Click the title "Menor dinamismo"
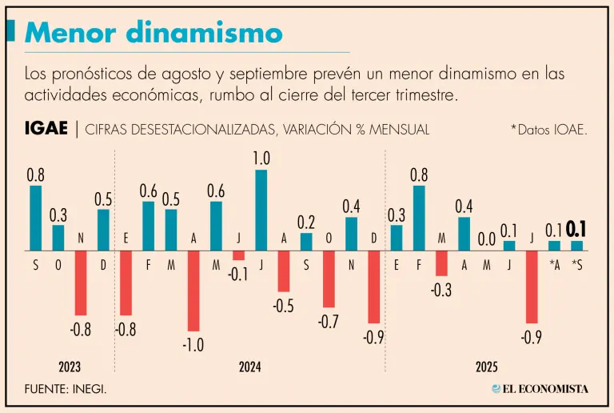[x=153, y=33]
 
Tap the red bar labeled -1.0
[x=193, y=291]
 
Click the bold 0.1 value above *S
[x=576, y=230]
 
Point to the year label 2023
[x=70, y=367]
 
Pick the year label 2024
[x=250, y=367]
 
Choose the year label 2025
[x=486, y=367]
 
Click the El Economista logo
[x=540, y=389]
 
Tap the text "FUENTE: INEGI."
[x=66, y=389]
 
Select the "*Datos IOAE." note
[x=548, y=130]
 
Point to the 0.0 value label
[x=486, y=239]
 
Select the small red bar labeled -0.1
[x=238, y=255]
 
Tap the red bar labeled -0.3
[x=441, y=263]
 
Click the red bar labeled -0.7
[x=329, y=279]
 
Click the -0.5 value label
[x=283, y=305]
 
